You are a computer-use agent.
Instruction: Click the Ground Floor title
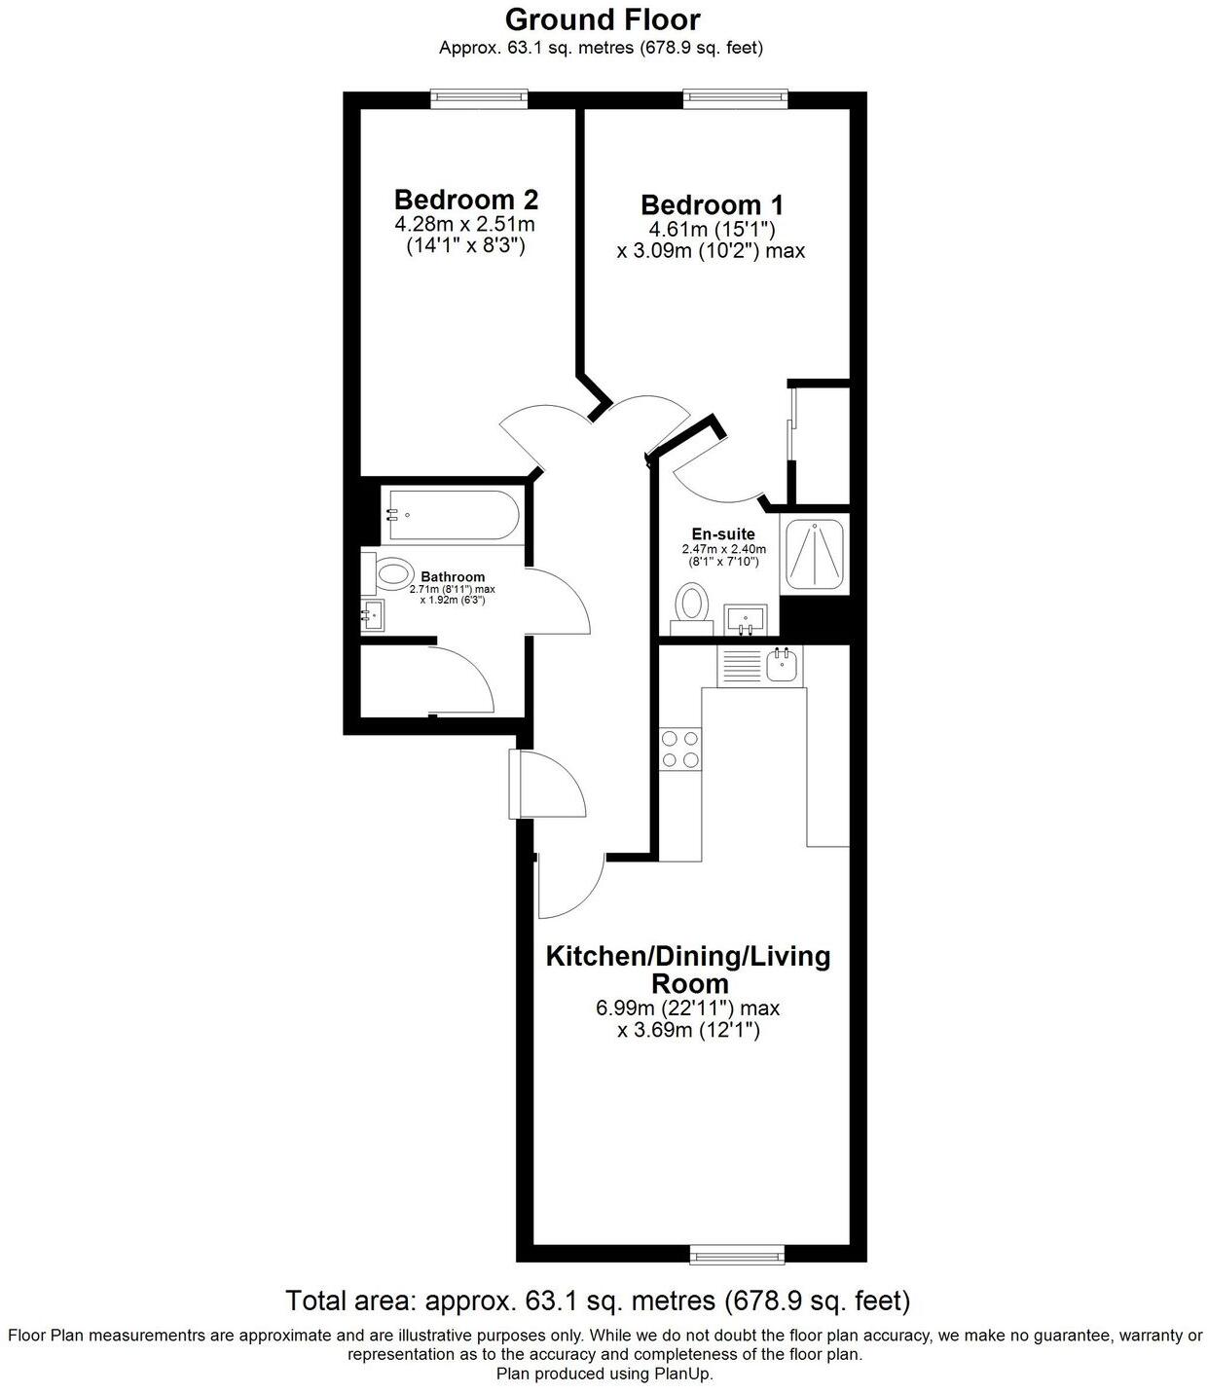pos(603,19)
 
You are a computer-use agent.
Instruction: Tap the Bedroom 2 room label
pos(465,200)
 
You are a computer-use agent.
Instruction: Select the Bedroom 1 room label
pos(712,205)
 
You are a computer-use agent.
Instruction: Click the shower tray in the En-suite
pos(816,556)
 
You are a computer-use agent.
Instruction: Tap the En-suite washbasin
pos(746,617)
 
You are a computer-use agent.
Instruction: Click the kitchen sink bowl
pos(784,667)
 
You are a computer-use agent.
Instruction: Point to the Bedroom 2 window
pos(479,96)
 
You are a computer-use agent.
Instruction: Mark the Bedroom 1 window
pos(734,96)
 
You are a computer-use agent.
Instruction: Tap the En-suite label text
pos(723,534)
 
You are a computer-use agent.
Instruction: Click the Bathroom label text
pos(453,577)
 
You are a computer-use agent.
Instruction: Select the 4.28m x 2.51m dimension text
pos(465,225)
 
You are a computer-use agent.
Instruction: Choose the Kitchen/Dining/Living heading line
pos(688,956)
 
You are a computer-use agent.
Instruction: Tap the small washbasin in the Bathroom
pos(372,615)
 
